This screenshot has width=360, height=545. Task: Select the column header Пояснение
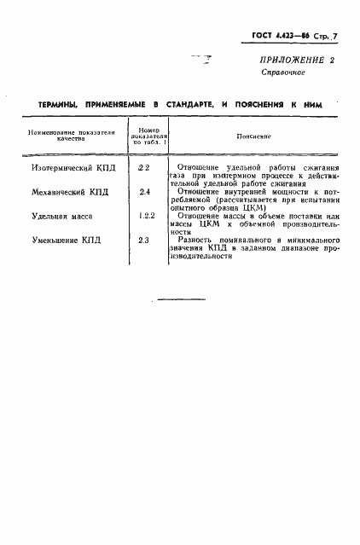tap(253, 135)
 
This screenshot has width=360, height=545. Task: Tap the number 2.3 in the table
tap(144, 241)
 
